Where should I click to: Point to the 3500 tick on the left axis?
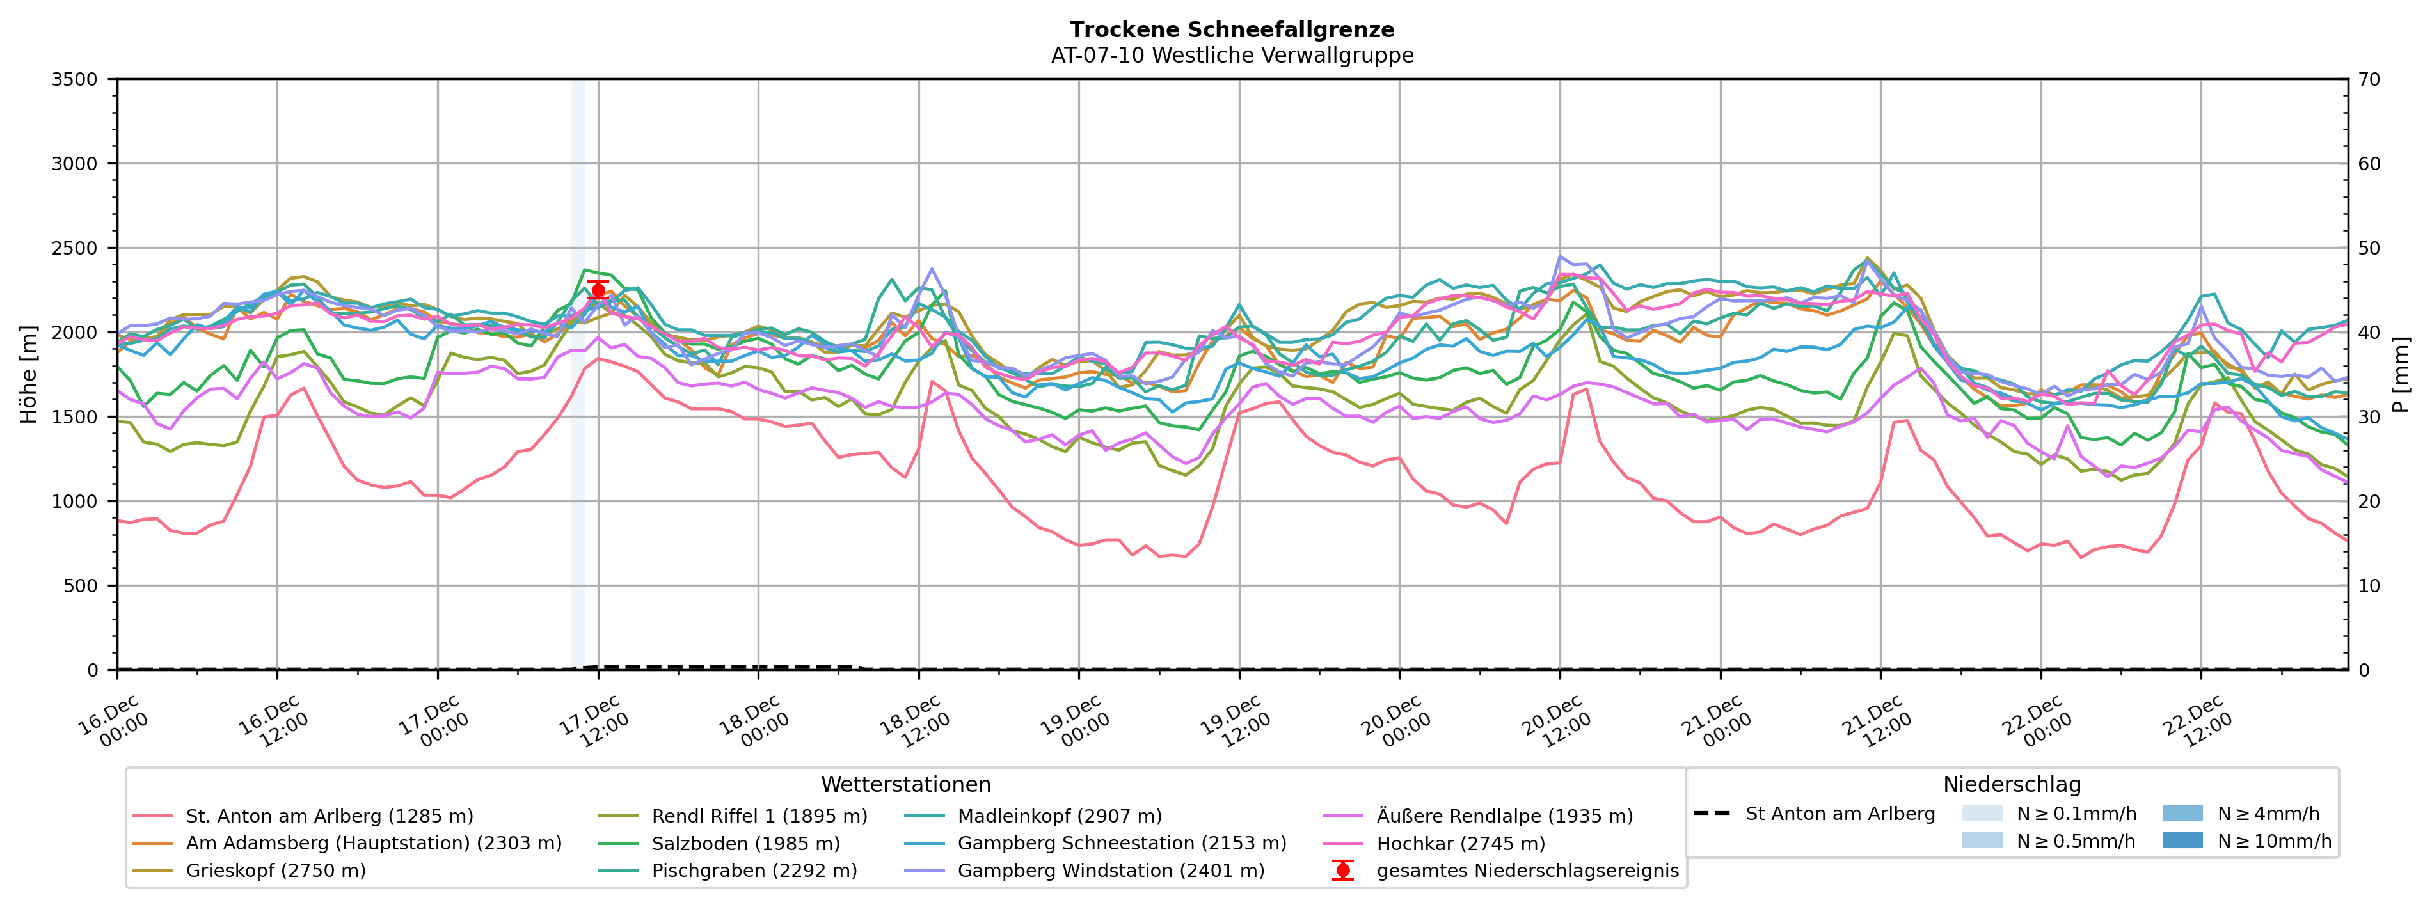point(75,79)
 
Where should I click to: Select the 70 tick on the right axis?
point(2370,79)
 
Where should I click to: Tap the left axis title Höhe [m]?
point(28,375)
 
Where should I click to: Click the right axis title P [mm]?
point(2401,375)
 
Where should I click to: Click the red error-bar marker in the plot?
point(598,290)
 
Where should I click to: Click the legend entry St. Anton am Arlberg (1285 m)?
point(328,816)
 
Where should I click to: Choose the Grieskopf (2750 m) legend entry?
point(276,870)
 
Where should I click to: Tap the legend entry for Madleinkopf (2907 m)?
point(1060,816)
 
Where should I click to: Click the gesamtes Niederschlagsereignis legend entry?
point(1527,870)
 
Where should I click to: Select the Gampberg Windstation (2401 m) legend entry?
point(1110,870)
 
